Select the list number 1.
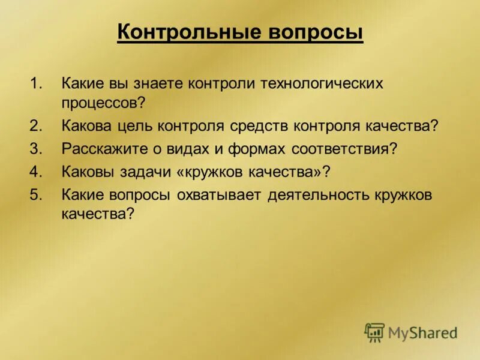[x=36, y=83]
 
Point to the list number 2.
[x=36, y=126]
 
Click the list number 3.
[x=36, y=148]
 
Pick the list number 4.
[x=36, y=171]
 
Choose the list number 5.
[x=36, y=194]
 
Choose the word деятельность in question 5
[x=321, y=194]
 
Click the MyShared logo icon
[x=374, y=332]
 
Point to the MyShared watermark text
[x=422, y=332]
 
